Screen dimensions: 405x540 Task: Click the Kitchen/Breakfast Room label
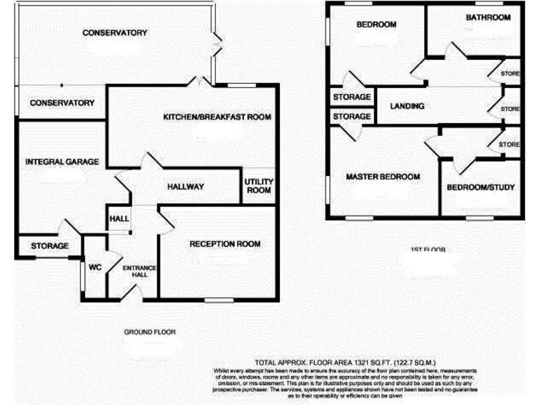coord(217,117)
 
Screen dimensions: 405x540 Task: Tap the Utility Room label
coord(258,186)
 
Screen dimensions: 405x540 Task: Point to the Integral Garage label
coord(62,162)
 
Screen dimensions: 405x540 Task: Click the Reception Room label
coord(225,244)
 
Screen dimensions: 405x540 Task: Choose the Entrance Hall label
coord(140,271)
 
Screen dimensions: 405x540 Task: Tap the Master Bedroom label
coord(382,176)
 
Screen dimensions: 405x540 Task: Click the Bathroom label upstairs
coord(487,18)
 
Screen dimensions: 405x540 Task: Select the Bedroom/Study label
coord(481,188)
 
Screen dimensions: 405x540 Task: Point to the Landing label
coord(407,107)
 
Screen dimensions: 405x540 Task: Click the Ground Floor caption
coord(149,332)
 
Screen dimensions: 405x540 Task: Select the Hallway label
coord(186,186)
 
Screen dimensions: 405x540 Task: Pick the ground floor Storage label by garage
coord(50,246)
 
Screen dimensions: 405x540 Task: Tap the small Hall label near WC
coord(118,219)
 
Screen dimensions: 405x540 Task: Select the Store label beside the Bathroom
coord(509,73)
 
